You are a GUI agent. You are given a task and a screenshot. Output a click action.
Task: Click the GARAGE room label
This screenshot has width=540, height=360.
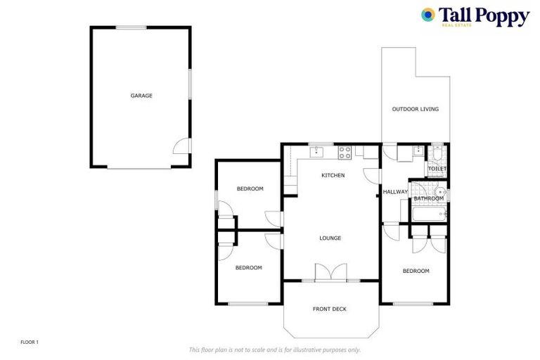[x=141, y=96]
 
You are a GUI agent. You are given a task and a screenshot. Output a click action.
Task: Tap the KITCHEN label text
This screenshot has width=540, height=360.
[x=333, y=175]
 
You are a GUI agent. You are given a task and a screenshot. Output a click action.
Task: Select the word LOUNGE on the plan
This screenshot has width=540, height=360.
[x=330, y=238]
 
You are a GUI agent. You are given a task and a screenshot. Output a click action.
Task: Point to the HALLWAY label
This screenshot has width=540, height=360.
[x=395, y=192]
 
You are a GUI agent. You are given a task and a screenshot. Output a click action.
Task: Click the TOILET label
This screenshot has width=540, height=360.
[x=437, y=169]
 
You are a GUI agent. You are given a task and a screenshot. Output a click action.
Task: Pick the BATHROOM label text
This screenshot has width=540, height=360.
[x=428, y=198]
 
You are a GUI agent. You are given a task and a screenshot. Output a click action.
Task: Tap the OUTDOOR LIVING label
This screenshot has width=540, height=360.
[x=415, y=109]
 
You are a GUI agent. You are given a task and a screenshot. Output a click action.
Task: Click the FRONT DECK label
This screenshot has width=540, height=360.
[x=329, y=309]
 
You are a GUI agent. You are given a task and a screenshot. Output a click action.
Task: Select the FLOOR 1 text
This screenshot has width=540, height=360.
[x=30, y=342]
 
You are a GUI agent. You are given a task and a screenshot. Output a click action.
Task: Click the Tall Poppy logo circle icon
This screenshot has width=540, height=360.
[x=427, y=15]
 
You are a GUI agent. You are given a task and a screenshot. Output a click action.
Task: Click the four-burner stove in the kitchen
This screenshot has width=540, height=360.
[x=345, y=150]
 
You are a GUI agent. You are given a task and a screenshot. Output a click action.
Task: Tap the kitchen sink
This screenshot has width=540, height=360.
[x=318, y=150]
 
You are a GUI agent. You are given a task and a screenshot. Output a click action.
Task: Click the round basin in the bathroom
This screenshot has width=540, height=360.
[x=439, y=191]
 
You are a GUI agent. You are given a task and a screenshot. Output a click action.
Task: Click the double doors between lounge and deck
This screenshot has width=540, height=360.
[x=330, y=273]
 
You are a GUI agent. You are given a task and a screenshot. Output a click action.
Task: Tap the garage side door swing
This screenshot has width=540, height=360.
[x=181, y=146]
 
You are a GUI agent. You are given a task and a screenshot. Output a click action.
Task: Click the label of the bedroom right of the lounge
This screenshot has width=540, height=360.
[x=415, y=271]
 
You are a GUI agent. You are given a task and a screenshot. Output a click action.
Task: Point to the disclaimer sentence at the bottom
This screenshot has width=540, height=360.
[x=274, y=349]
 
